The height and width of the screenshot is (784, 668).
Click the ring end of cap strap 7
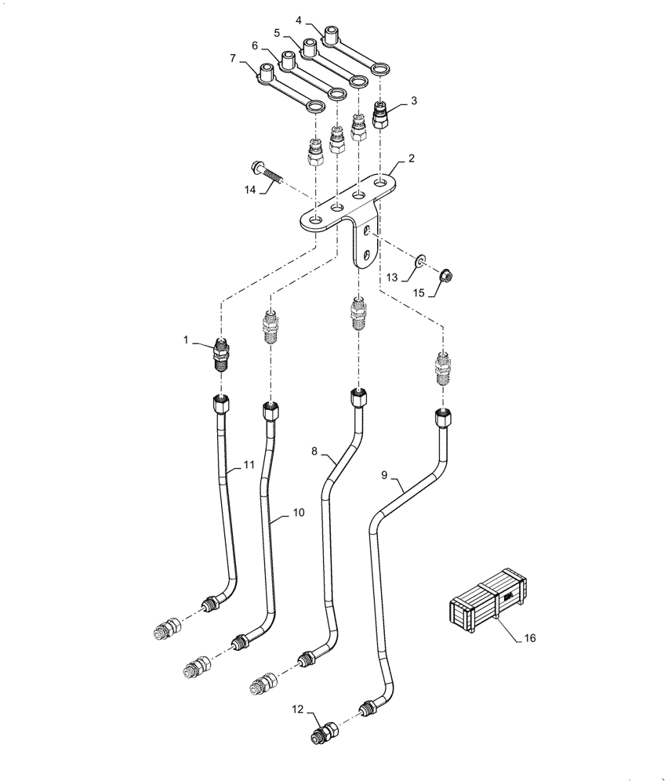click(317, 106)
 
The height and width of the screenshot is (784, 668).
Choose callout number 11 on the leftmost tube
click(249, 465)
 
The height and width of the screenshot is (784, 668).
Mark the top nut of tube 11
click(222, 405)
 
